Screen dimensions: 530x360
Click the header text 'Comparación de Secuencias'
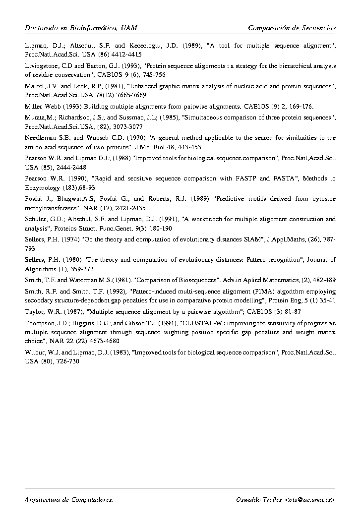point(292,28)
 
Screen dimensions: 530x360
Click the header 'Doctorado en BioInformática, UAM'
point(81,28)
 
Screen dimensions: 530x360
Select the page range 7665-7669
point(118,94)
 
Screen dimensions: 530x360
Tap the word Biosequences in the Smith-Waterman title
point(196,280)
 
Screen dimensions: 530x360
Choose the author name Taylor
point(34,312)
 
